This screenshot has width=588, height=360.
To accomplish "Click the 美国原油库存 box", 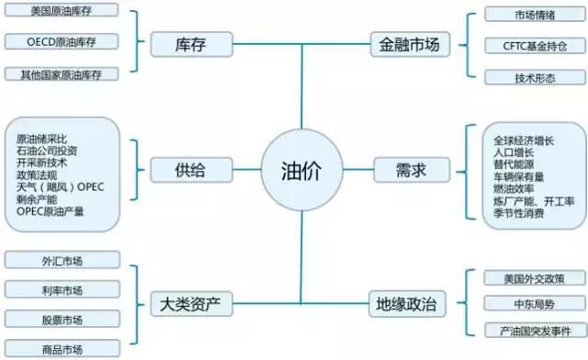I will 62,13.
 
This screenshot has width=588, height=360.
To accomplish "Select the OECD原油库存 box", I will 62,42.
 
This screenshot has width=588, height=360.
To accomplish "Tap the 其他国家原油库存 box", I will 62,73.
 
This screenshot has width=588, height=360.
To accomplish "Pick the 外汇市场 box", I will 62,260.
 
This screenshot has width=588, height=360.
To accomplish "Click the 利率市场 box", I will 62,290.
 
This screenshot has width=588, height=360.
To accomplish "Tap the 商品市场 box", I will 62,349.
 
